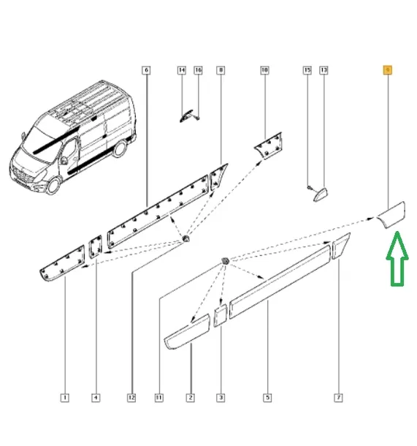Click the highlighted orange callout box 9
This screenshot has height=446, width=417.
[x=388, y=70]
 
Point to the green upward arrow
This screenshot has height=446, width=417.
[x=397, y=257]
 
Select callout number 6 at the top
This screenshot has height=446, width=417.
[x=146, y=70]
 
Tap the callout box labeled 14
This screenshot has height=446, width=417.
[x=182, y=70]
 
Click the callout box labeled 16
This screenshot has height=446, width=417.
[x=197, y=70]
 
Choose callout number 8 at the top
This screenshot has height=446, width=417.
[x=221, y=70]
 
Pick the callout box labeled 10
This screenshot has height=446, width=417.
[x=264, y=70]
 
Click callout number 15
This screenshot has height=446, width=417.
[x=307, y=70]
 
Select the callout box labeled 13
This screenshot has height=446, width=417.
[x=324, y=70]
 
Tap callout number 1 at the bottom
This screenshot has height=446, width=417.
[x=65, y=398]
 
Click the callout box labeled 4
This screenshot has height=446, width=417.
[x=96, y=398]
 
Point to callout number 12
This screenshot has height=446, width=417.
[x=131, y=398]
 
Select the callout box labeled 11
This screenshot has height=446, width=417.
[x=158, y=398]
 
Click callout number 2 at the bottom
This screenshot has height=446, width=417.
[x=190, y=398]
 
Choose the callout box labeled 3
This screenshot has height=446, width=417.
[x=221, y=398]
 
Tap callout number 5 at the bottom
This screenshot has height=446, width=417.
[x=267, y=398]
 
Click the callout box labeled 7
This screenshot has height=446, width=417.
[x=338, y=398]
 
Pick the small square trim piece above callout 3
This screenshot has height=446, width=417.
[x=221, y=318]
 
